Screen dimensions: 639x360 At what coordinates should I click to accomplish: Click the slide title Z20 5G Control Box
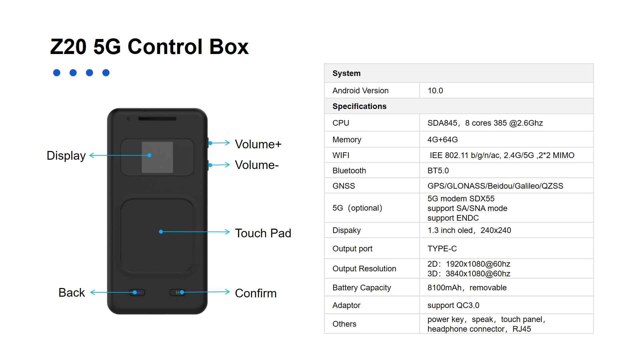[149, 46]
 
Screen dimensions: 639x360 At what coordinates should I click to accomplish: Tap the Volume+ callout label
[258, 144]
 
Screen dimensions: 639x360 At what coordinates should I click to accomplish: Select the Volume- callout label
[257, 165]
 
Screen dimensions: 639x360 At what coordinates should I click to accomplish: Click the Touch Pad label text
[263, 233]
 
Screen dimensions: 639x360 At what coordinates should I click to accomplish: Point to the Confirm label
[256, 293]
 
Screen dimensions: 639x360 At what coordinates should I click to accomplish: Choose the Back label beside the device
[72, 293]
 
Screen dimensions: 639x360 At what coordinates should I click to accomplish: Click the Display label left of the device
[66, 156]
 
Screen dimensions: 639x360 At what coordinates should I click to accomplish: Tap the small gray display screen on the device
[157, 157]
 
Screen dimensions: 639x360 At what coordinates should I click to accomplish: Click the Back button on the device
[137, 293]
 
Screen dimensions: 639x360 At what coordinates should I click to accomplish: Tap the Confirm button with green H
[178, 293]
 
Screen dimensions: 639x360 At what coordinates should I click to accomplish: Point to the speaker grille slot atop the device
[157, 119]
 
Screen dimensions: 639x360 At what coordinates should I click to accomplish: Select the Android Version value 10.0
[435, 91]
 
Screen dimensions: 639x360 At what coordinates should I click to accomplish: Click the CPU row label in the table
[341, 123]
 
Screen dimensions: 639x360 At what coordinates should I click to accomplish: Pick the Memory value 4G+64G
[442, 140]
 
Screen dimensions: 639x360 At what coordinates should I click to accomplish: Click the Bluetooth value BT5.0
[438, 171]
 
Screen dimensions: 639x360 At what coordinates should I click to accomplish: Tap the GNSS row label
[343, 186]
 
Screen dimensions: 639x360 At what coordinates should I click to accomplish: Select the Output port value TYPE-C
[442, 249]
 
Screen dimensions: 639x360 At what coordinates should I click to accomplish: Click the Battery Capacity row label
[361, 288]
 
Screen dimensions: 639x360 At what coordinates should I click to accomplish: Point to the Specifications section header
[359, 106]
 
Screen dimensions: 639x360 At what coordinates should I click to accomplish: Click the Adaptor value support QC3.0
[453, 305]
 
